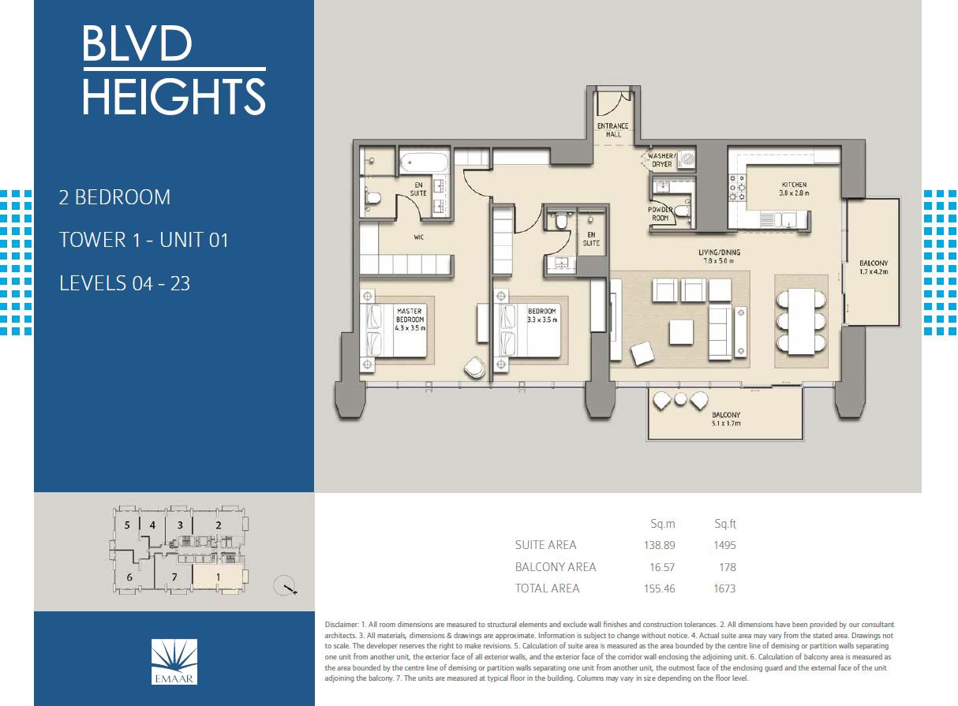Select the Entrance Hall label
click(613, 130)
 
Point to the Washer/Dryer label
click(660, 160)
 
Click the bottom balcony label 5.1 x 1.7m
click(725, 419)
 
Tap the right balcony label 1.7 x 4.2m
click(874, 267)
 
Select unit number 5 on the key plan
click(126, 525)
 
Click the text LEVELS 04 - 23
click(125, 282)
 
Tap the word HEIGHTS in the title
click(174, 96)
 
